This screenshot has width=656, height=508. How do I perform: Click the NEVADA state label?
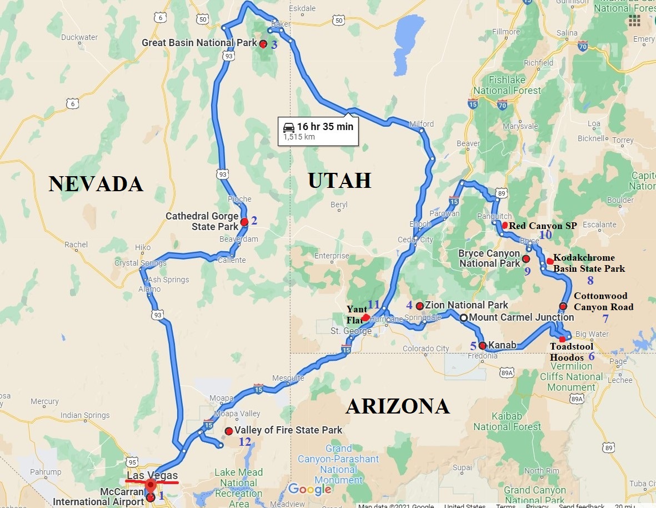coord(96,183)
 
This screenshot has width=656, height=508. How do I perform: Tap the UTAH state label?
coord(339,181)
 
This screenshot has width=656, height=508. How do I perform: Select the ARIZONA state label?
coord(397,406)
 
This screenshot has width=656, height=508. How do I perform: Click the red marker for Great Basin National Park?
coord(263,44)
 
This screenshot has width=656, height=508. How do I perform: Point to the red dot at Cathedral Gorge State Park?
coord(244,222)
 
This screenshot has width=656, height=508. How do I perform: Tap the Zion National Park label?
coord(466,305)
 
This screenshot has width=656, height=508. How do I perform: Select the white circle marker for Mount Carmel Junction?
coord(463,318)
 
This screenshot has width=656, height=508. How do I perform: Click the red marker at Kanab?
coord(482,346)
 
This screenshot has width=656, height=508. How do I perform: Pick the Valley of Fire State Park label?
coord(288,430)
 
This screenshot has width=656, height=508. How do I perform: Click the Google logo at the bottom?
coord(309,489)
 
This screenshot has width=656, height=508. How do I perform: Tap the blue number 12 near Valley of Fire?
coord(244,442)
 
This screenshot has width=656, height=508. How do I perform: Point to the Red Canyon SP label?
coord(543,226)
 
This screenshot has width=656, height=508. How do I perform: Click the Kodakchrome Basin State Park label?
coord(589,263)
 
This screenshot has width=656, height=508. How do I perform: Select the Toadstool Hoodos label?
coord(572,352)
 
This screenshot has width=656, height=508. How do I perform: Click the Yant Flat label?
coord(356,313)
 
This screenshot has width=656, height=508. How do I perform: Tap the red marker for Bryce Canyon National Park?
coord(526,259)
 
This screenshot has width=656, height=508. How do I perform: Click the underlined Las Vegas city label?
coord(152,476)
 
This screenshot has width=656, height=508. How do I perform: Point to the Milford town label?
coord(421,124)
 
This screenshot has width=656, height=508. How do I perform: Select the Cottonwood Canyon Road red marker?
coord(563,306)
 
